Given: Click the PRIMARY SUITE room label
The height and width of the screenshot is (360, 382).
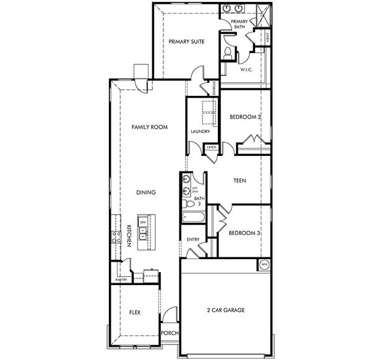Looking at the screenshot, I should coord(186,42).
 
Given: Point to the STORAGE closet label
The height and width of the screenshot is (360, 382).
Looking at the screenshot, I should coord(214,88).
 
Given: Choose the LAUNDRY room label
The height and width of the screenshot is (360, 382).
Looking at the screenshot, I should coord(200,131).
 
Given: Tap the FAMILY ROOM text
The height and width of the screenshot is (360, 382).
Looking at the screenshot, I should coord(150,127).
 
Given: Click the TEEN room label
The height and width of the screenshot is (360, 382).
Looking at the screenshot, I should coord(240,181).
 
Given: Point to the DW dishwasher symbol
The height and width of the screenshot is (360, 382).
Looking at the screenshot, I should coord(143,221).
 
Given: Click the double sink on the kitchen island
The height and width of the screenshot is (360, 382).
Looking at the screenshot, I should coord(143,234).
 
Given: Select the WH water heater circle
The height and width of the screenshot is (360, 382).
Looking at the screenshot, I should coord(264,264).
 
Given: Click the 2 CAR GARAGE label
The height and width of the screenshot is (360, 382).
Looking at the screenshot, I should coord(225,310).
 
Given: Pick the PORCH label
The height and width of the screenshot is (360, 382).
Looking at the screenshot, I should coord(170,333).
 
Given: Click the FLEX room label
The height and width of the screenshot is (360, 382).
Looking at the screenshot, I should coord(134,312).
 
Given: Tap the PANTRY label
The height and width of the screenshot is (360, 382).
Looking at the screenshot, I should coord(120,280).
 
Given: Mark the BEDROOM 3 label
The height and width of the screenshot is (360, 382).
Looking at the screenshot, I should coord(242,233).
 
